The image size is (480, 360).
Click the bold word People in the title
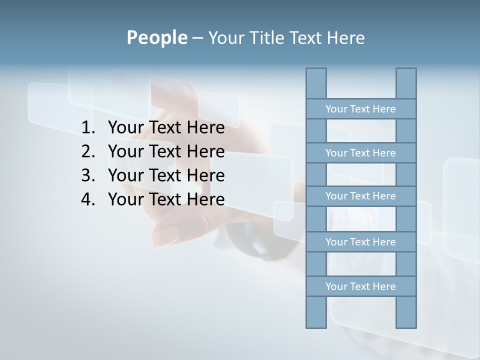tap(156, 37)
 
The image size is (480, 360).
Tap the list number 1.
tap(87, 128)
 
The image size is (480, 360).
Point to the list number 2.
tap(87, 151)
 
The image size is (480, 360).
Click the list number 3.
tap(87, 175)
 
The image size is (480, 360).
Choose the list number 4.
tap(87, 199)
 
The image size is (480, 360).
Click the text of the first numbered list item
tap(166, 128)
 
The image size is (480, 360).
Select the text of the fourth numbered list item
tap(166, 199)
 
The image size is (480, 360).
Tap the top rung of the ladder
tap(360, 109)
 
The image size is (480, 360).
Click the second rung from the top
tap(360, 153)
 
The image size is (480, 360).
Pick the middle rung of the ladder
tap(360, 196)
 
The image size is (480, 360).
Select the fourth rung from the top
tap(360, 242)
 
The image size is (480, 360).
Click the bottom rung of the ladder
tap(360, 286)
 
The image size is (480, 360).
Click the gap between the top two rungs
tap(361, 131)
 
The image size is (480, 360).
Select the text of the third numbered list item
tap(166, 175)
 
